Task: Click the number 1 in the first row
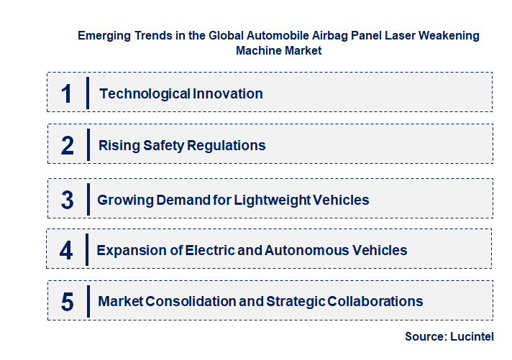coord(67,93)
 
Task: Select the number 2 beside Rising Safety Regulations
coord(68,146)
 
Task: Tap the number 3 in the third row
coord(68,200)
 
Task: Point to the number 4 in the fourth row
coord(67,251)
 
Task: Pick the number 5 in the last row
coord(68,302)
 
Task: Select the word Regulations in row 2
coord(227,146)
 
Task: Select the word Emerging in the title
coord(104,35)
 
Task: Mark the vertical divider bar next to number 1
coord(87,93)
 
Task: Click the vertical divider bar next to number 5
coord(87,302)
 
